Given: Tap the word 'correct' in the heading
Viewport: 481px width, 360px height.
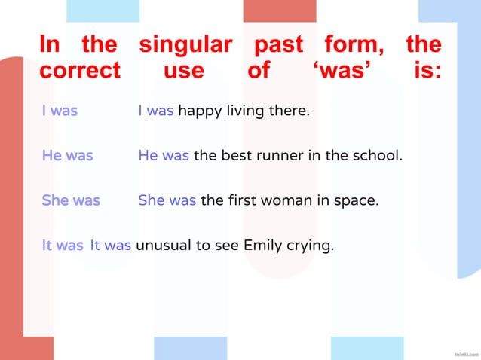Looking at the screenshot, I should [x=80, y=71].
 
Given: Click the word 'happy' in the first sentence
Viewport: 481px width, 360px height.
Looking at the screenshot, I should [x=197, y=112].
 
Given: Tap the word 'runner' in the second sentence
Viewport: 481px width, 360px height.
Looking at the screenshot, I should [x=277, y=157].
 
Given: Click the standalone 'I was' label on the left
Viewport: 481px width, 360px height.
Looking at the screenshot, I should [x=60, y=111].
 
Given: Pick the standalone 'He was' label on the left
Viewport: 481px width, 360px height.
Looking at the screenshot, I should [x=67, y=157].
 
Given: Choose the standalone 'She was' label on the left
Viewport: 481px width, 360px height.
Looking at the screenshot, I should [x=71, y=201].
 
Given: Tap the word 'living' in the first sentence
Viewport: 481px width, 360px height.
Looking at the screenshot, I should [x=239, y=112].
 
